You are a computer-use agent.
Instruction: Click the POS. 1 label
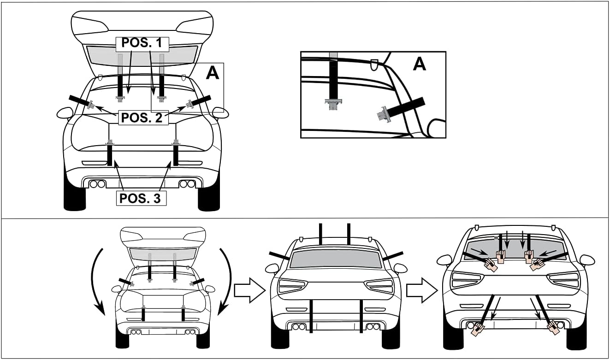click(x=142, y=43)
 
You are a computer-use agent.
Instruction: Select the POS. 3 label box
click(x=141, y=198)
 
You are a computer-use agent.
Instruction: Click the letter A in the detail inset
click(x=419, y=64)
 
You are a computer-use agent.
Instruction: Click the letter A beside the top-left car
click(x=212, y=73)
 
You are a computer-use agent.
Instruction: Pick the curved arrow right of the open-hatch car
click(x=226, y=281)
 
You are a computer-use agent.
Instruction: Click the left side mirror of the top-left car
click(x=65, y=113)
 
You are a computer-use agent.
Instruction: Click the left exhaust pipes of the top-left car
click(x=97, y=184)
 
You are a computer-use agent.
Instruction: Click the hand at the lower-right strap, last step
click(x=553, y=328)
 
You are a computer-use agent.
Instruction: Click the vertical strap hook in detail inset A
click(x=332, y=104)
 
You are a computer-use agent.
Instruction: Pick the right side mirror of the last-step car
click(x=587, y=260)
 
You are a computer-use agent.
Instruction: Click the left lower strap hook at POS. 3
click(x=110, y=143)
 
